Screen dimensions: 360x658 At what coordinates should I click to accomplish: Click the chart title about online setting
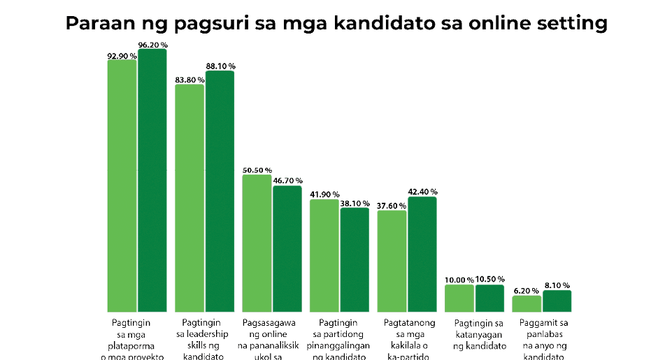pyautogui.click(x=336, y=23)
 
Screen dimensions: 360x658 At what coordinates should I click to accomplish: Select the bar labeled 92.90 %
pyautogui.click(x=122, y=185)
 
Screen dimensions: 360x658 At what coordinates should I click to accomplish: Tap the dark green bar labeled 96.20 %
pyautogui.click(x=152, y=180)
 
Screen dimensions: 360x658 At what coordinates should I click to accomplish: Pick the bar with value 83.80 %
pyautogui.click(x=189, y=198)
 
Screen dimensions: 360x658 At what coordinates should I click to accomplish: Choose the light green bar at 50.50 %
pyautogui.click(x=257, y=243)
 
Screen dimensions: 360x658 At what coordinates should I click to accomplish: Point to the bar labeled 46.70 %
pyautogui.click(x=287, y=249)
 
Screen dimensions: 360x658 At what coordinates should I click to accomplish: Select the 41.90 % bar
pyautogui.click(x=324, y=256)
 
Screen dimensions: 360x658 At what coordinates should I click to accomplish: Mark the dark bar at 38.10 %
pyautogui.click(x=355, y=259)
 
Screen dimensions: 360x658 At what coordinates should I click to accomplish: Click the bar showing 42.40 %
pyautogui.click(x=422, y=254)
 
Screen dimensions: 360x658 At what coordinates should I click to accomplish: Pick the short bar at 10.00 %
pyautogui.click(x=459, y=298)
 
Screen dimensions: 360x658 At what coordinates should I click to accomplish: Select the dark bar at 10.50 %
pyautogui.click(x=489, y=298)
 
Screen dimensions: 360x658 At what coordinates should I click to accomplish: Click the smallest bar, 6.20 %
pyautogui.click(x=527, y=303)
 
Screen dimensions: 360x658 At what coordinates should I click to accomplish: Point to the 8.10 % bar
pyautogui.click(x=557, y=301)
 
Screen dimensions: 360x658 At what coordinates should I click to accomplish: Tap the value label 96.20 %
pyautogui.click(x=152, y=45)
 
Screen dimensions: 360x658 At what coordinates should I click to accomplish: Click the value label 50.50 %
pyautogui.click(x=257, y=170)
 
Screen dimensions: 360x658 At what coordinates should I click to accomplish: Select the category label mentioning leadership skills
pyautogui.click(x=204, y=339)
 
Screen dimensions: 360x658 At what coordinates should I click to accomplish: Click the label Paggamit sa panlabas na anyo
pyautogui.click(x=543, y=339)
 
